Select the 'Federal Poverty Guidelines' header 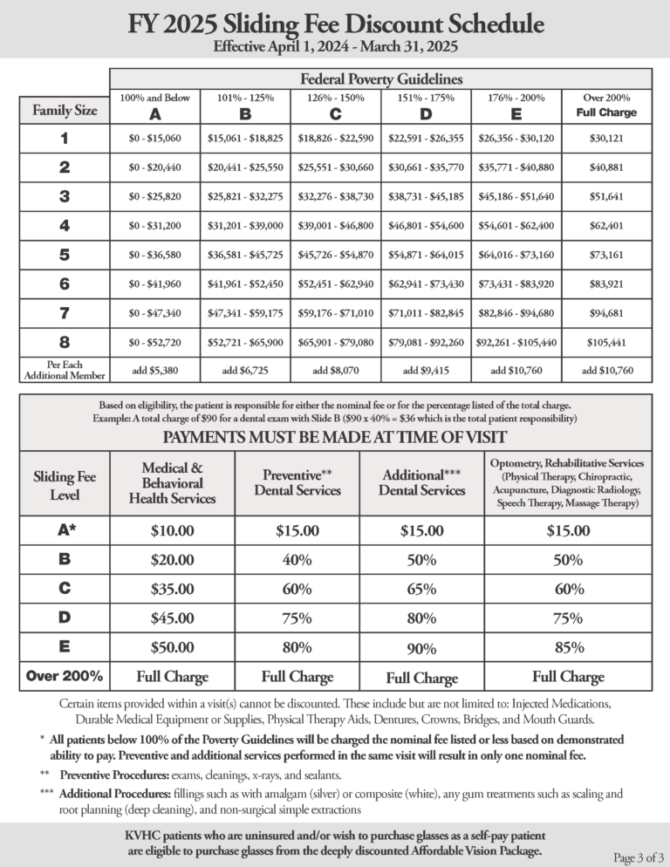pos(381,79)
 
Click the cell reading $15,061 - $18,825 pos(245,138)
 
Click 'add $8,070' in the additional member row pos(335,370)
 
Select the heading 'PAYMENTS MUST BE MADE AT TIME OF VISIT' pos(335,433)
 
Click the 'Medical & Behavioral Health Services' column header pos(173,482)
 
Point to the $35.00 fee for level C pos(173,589)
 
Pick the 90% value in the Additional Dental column pos(422,648)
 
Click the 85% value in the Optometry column pos(568,647)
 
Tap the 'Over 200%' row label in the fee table pos(65,676)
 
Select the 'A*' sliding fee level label pos(65,530)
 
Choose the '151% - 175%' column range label pos(426,98)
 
